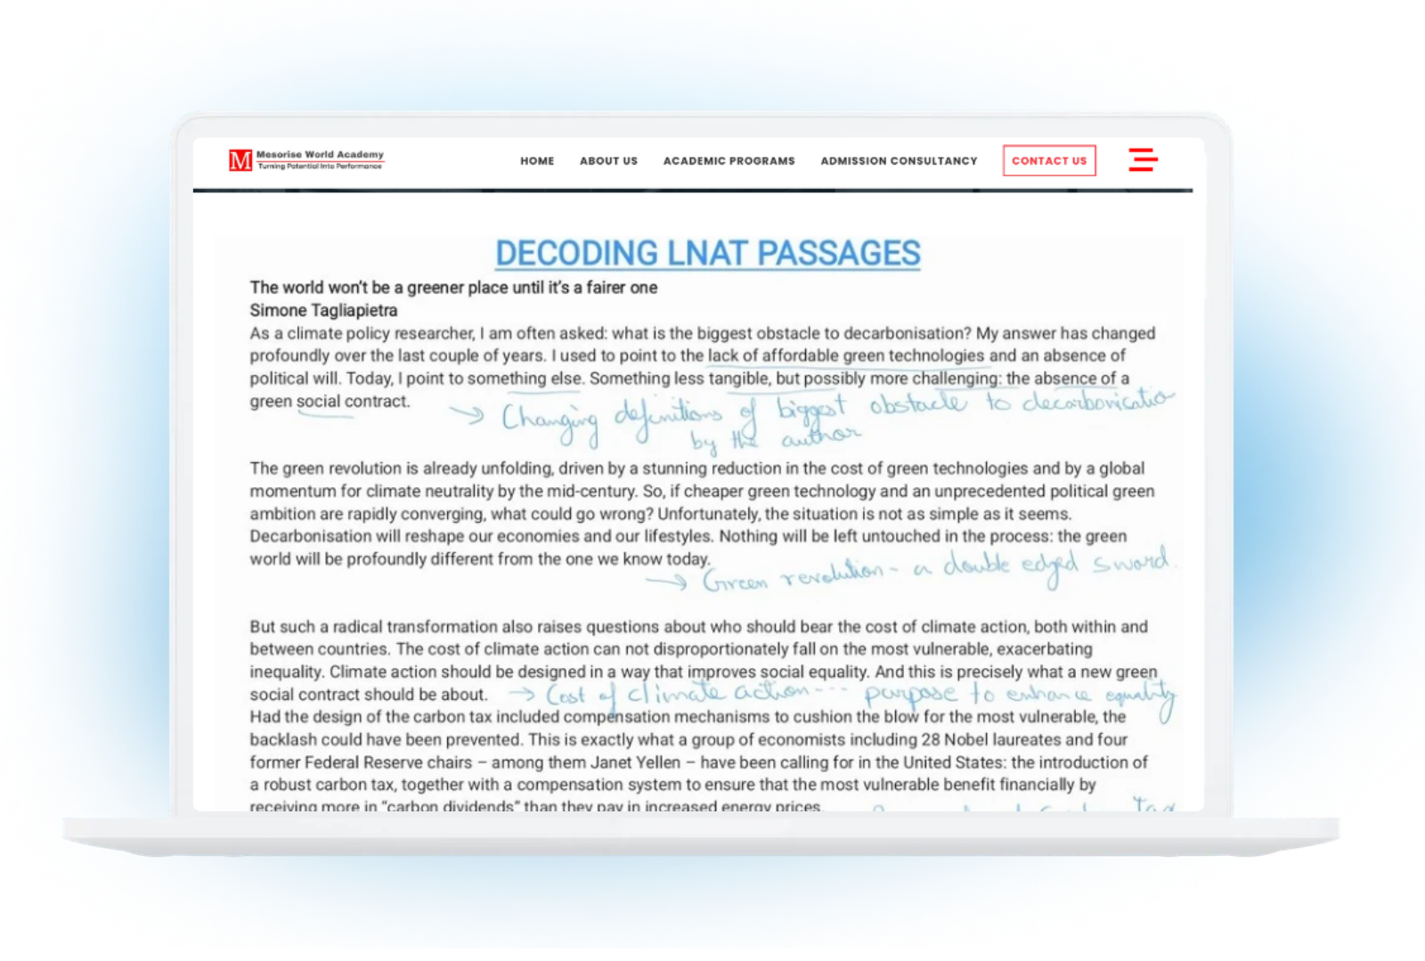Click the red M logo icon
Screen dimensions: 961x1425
(x=240, y=160)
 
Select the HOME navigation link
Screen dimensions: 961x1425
(x=537, y=161)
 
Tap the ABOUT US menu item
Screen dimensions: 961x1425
(x=608, y=161)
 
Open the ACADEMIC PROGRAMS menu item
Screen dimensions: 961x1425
(x=729, y=161)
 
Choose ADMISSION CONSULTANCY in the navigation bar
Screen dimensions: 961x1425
(x=899, y=161)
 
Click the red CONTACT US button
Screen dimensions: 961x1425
(x=1049, y=161)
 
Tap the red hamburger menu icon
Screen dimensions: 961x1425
(x=1143, y=160)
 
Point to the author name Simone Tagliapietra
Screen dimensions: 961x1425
(x=323, y=311)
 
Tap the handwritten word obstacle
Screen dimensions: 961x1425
(x=917, y=404)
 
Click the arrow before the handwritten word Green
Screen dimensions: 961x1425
(x=667, y=582)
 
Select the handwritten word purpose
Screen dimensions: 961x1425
(x=910, y=694)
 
